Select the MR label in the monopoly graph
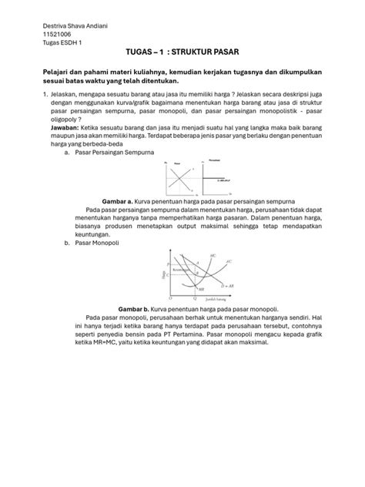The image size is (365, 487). click(201, 290)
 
